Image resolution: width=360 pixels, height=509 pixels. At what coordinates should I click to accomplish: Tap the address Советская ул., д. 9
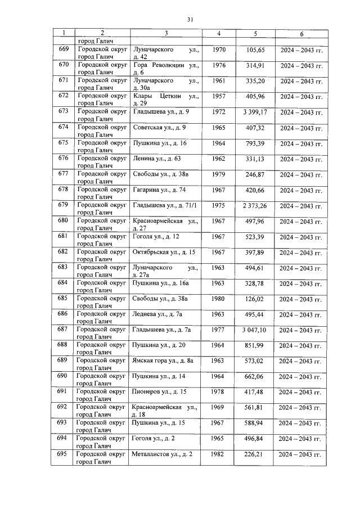160,127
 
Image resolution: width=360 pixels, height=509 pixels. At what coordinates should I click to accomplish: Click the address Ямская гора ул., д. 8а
163,361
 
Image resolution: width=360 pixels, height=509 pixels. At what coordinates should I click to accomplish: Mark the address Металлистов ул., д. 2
163,453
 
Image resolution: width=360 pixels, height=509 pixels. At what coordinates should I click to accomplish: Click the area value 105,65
255,50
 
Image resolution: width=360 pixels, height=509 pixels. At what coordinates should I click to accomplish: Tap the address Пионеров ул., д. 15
159,391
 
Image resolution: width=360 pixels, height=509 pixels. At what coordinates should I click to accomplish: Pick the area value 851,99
255,345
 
